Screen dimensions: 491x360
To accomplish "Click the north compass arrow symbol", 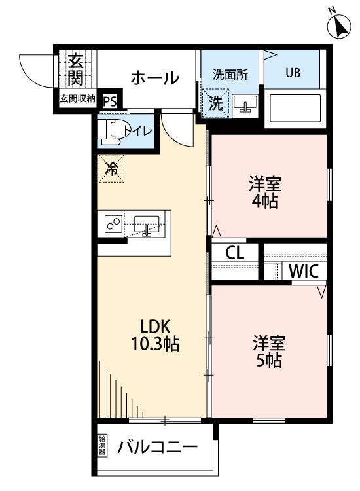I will tap(339, 24).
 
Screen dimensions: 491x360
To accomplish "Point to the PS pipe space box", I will tap(109, 101).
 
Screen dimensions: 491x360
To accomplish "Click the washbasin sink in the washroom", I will tap(246, 103).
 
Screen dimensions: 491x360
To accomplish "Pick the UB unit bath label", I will tap(292, 73).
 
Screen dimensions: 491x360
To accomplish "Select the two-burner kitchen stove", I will tap(113, 224).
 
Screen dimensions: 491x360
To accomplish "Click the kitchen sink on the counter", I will tap(147, 224).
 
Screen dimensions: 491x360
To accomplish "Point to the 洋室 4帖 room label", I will tap(263, 192).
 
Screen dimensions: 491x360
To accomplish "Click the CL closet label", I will tap(236, 253).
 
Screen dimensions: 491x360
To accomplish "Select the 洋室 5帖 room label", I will tap(268, 351).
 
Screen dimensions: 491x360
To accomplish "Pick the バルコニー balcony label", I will tap(157, 448).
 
